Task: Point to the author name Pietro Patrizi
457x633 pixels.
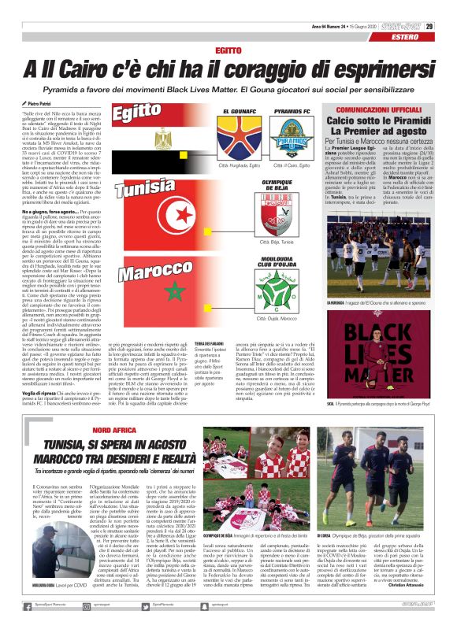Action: [x=35, y=103]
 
